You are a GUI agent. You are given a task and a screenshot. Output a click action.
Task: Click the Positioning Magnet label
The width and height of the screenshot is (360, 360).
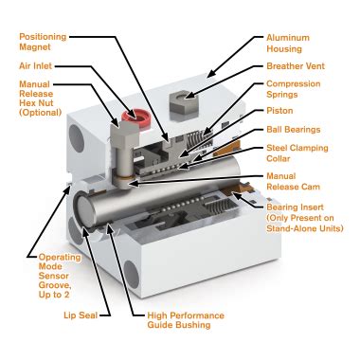pyautogui.click(x=43, y=42)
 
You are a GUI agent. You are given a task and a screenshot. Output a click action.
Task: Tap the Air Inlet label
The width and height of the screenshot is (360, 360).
pyautogui.click(x=35, y=66)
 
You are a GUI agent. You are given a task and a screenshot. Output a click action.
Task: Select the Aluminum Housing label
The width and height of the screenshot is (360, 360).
pyautogui.click(x=288, y=44)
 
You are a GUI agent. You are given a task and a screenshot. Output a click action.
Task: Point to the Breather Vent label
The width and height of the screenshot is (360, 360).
pyautogui.click(x=296, y=66)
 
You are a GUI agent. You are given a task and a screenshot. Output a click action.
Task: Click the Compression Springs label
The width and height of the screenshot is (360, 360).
pyautogui.click(x=294, y=89)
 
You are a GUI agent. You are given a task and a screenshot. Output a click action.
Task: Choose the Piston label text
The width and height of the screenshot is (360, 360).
pyautogui.click(x=279, y=111)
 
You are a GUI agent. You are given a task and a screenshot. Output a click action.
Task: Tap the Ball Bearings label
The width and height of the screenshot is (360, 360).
pyautogui.click(x=294, y=130)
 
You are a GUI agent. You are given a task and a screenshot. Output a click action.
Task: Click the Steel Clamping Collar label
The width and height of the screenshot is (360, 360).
pyautogui.click(x=297, y=153)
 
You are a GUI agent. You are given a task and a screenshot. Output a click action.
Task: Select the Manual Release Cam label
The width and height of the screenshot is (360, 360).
pyautogui.click(x=293, y=181)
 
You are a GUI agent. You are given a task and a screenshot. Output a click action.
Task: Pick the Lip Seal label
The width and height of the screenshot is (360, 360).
pyautogui.click(x=81, y=315)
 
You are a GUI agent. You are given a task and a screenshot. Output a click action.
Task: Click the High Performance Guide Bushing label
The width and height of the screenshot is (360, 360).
pyautogui.click(x=186, y=320)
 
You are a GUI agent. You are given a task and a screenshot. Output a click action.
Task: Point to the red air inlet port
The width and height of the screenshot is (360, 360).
pyautogui.click(x=136, y=118)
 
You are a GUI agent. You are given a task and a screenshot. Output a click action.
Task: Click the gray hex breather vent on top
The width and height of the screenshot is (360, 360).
pyautogui.click(x=184, y=101)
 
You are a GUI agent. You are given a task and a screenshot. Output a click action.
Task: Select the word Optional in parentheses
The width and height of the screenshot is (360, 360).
pyautogui.click(x=41, y=113)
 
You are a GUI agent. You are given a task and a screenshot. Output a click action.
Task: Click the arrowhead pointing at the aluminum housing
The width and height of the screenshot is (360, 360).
pyautogui.click(x=211, y=72)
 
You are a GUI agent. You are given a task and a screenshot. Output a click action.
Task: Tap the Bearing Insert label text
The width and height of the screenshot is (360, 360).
pyautogui.click(x=295, y=207)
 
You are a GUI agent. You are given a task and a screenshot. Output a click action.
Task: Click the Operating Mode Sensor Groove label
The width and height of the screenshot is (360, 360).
pyautogui.click(x=60, y=276)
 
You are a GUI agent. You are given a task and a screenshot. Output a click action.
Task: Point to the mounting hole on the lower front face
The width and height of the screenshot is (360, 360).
pyautogui.click(x=132, y=275)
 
